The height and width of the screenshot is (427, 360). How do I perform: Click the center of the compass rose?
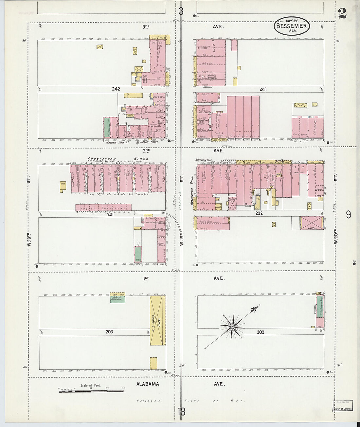pos(232,327)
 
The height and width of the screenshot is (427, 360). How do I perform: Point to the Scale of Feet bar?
pos(91,390)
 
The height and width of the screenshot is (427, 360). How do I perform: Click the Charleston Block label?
pos(119,159)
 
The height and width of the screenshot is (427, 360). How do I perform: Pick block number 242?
pos(116,89)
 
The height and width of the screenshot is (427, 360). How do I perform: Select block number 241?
pos(263,89)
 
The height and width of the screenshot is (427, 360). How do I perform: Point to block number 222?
pos(259,213)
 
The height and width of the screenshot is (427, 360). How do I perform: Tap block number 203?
pos(109,332)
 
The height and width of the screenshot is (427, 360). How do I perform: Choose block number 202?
pos(261,332)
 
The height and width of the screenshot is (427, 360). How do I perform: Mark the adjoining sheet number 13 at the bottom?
pos(181,411)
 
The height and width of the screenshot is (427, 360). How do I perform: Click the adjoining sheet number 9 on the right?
pos(349,214)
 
